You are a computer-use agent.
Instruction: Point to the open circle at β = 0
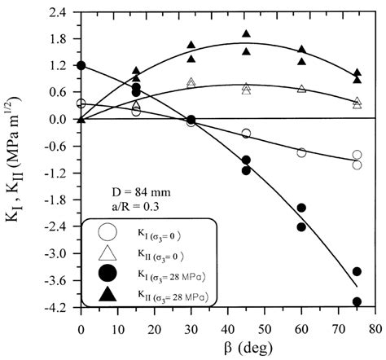[81, 103]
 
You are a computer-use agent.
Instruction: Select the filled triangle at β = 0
[81, 119]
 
